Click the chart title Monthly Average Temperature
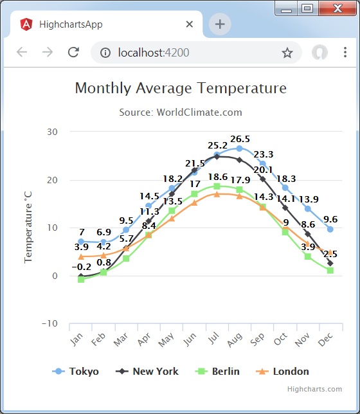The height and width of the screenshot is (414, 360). (181, 88)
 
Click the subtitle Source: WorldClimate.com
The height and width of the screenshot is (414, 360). (181, 112)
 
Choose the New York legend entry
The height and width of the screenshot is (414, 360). (148, 372)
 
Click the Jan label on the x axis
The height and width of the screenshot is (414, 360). (77, 338)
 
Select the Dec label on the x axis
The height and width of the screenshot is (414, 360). (326, 338)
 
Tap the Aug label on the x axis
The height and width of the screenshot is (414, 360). (235, 338)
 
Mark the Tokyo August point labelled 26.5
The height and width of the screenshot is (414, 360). (239, 148)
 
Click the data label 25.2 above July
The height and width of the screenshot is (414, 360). (217, 145)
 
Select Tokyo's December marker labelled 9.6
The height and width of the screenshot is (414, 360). (330, 230)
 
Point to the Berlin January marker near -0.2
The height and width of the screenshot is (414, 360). (81, 280)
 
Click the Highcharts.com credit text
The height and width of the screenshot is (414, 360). (314, 389)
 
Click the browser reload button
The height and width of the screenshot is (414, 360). (73, 53)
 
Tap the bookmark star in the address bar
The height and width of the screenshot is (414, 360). (287, 53)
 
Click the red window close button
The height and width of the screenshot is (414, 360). (338, 8)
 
